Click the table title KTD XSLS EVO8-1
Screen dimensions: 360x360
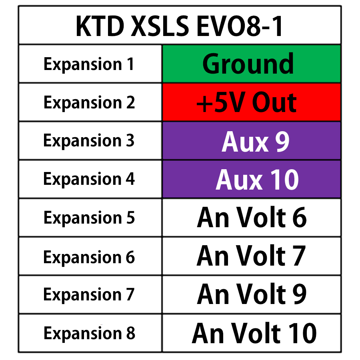pyautogui.click(x=180, y=26)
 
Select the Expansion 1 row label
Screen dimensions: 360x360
pyautogui.click(x=89, y=64)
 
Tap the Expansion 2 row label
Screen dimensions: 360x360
pyautogui.click(x=89, y=103)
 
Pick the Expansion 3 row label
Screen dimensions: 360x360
pyautogui.click(x=89, y=141)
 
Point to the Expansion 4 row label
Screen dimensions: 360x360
pyautogui.click(x=89, y=179)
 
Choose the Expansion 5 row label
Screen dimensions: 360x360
pyautogui.click(x=89, y=218)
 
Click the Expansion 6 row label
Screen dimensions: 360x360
pyautogui.click(x=89, y=257)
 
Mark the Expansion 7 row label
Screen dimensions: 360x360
pyautogui.click(x=89, y=295)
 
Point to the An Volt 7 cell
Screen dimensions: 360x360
pyautogui.click(x=251, y=256)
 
